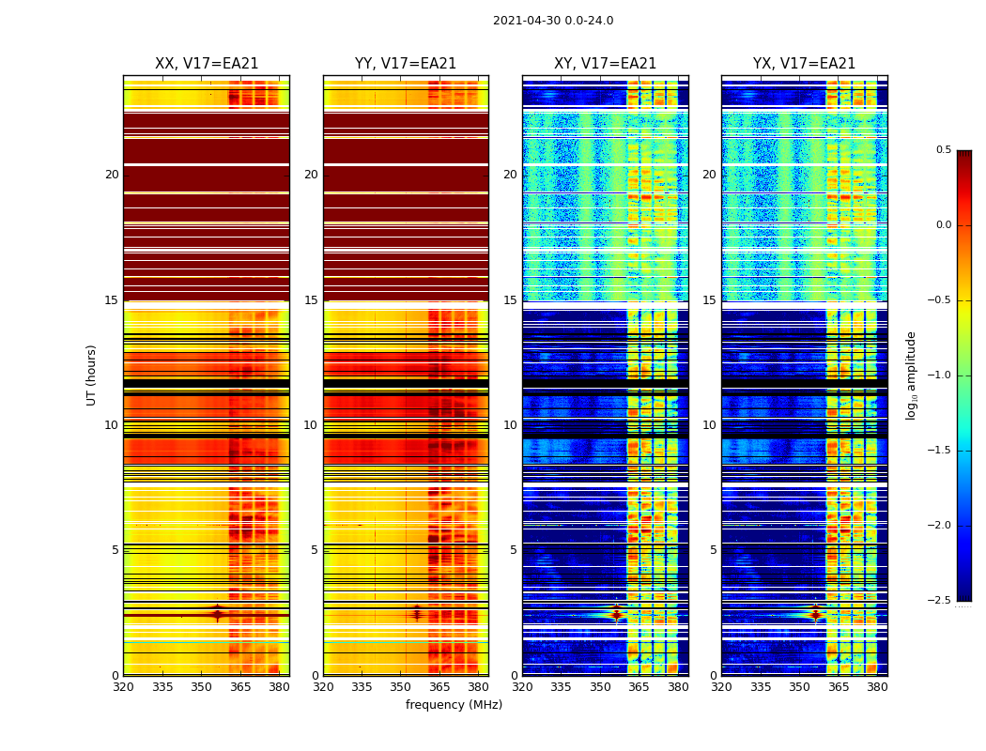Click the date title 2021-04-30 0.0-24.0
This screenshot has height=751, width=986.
[x=553, y=21]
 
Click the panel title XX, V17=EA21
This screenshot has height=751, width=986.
[x=207, y=64]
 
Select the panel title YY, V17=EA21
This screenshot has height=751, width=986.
[x=406, y=64]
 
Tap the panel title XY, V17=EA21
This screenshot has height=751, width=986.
[x=605, y=64]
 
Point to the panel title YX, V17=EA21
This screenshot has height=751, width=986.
[x=804, y=64]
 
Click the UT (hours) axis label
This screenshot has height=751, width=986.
[x=92, y=375]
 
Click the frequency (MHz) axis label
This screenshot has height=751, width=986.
[x=454, y=705]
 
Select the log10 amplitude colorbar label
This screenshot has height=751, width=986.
[x=911, y=375]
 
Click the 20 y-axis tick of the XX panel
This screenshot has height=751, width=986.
[x=112, y=175]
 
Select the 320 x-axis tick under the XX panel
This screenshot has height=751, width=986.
[x=123, y=687]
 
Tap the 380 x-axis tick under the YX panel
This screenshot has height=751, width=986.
[x=877, y=687]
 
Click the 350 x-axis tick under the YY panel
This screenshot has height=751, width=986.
[x=401, y=687]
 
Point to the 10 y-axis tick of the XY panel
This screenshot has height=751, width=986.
[x=510, y=425]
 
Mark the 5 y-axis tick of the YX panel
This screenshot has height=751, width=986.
[x=713, y=550]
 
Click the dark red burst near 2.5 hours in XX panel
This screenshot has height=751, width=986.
[x=217, y=614]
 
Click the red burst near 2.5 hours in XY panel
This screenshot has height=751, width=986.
[x=616, y=615]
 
